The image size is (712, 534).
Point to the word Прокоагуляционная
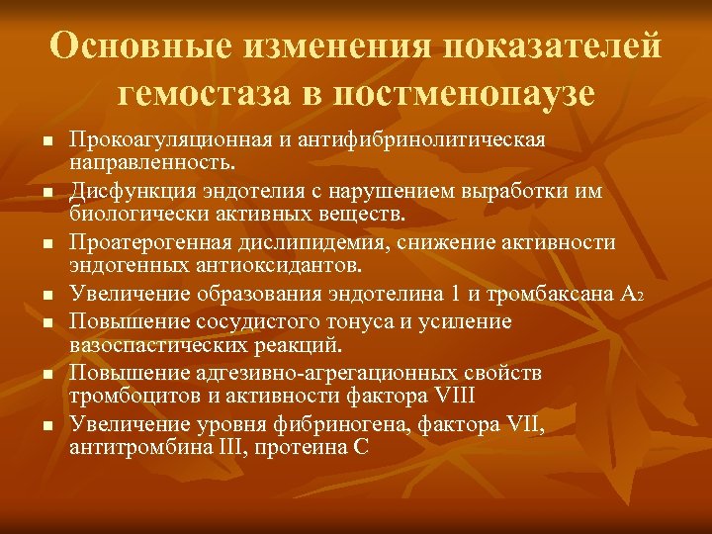click(x=167, y=137)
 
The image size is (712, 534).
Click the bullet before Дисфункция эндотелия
click(x=46, y=188)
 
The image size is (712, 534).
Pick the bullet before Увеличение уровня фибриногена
click(x=46, y=424)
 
